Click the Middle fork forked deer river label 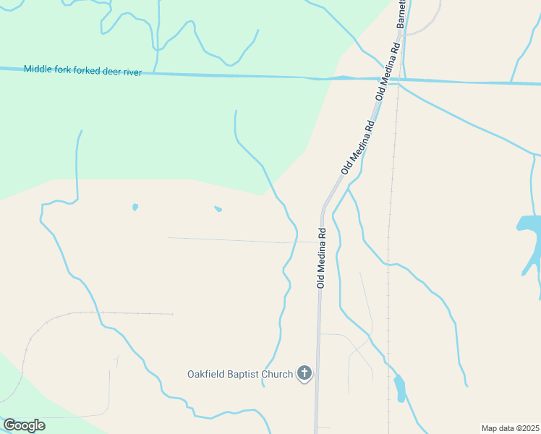(x=82, y=70)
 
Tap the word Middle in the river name (x=38, y=69)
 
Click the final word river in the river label (x=134, y=72)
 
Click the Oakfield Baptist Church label (x=240, y=374)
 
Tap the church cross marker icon (x=304, y=373)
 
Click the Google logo (x=24, y=425)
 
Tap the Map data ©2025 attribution (x=509, y=428)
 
